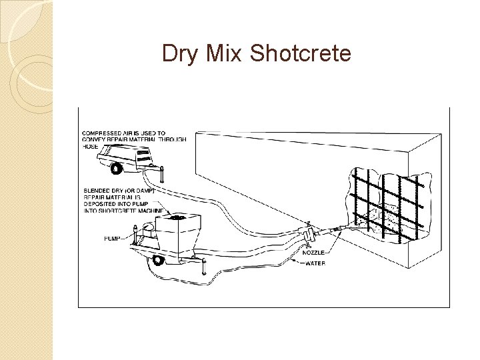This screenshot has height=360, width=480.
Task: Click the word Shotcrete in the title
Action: coord(300,53)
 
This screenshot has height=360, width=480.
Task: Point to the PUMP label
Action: coord(113,237)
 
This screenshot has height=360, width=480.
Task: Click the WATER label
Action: coord(315,263)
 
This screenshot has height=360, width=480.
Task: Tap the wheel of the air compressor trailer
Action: coord(117,169)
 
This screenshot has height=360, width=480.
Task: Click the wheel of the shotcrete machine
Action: coord(157,261)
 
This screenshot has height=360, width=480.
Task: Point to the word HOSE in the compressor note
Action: coord(90,147)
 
